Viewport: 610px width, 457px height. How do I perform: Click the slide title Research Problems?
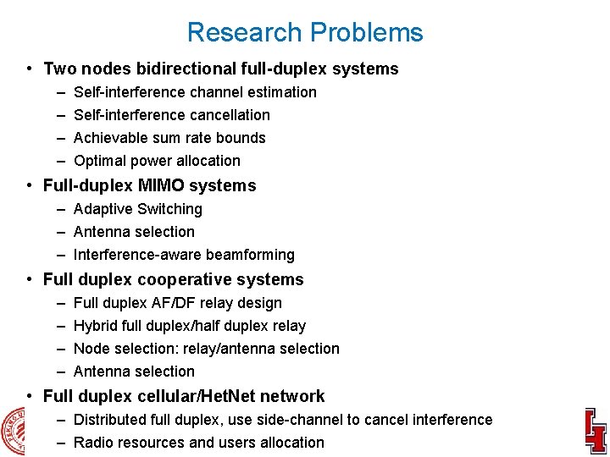pos(305,32)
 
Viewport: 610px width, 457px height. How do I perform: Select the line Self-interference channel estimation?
pos(195,92)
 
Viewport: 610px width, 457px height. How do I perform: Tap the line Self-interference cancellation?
pos(172,115)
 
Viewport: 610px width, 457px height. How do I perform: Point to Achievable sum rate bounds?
pos(169,138)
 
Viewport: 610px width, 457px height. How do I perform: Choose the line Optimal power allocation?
pos(157,161)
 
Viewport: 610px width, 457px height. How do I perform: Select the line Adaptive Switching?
pos(138,209)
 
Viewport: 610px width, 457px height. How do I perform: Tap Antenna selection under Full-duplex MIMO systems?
pos(134,232)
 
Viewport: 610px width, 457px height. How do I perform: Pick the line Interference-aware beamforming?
pos(184,255)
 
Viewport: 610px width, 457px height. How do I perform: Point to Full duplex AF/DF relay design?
pos(178,303)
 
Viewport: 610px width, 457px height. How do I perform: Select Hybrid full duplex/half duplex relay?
pos(190,326)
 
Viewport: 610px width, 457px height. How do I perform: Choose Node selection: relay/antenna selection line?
pos(207,349)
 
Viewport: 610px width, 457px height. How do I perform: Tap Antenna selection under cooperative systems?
pos(134,372)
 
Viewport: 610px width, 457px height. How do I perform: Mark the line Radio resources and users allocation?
pos(199,443)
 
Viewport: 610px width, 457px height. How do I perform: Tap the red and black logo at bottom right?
pos(595,431)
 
